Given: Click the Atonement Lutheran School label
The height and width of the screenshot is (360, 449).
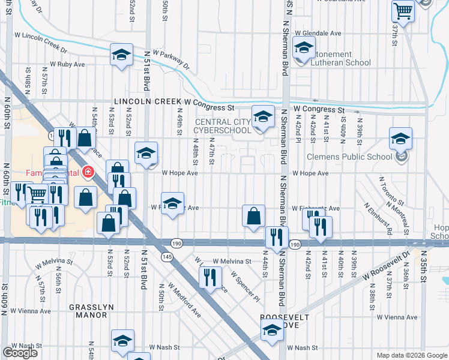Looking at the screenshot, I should coord(340,58).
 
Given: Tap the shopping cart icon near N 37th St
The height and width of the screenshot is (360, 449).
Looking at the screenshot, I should coord(403,10).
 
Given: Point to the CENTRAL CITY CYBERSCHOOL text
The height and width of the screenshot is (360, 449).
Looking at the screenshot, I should coord(222,127).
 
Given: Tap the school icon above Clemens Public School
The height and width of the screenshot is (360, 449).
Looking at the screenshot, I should coord(400,139).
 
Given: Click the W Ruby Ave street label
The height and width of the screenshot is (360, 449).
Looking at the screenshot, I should coord(67,64).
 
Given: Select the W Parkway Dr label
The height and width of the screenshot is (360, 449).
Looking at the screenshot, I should coord(170,58).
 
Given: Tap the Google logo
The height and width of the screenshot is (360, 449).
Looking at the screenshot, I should coord(20,353).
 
